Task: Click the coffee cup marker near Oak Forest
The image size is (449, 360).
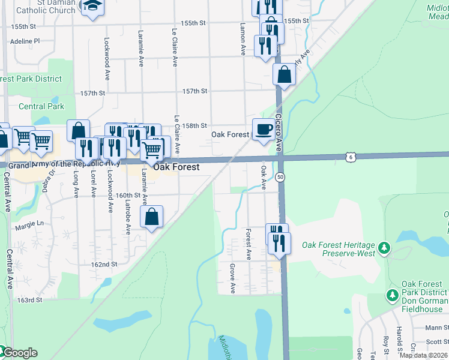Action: pyautogui.click(x=263, y=130)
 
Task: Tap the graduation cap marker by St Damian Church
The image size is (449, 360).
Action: pyautogui.click(x=92, y=7)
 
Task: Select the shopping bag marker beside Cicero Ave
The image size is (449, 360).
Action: pyautogui.click(x=284, y=75)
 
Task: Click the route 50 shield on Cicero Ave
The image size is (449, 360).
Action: pyautogui.click(x=280, y=177)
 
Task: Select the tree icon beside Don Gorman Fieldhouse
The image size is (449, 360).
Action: pyautogui.click(x=392, y=295)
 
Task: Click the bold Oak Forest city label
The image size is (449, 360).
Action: pyautogui.click(x=176, y=167)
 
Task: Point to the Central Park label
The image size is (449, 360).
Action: pyautogui.click(x=41, y=106)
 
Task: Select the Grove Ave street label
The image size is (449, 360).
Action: pyautogui.click(x=233, y=278)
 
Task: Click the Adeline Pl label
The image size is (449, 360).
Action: pyautogui.click(x=25, y=41)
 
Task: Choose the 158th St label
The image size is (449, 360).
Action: pyautogui.click(x=194, y=125)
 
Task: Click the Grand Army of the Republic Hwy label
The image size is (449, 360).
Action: pyautogui.click(x=64, y=164)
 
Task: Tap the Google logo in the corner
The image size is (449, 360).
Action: pyautogui.click(x=19, y=353)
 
